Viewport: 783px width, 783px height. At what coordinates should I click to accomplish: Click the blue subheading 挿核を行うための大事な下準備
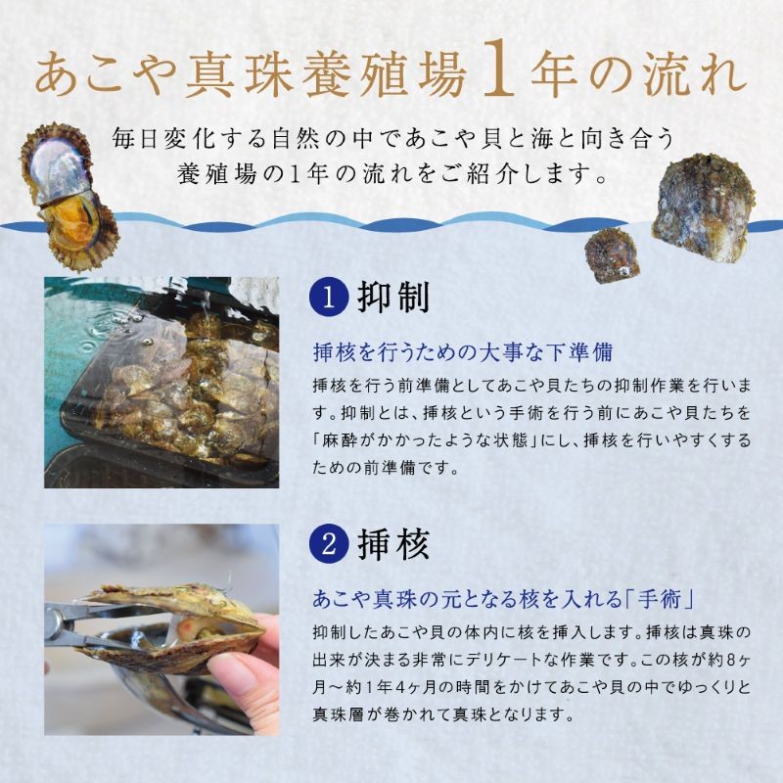pyautogui.click(x=468, y=351)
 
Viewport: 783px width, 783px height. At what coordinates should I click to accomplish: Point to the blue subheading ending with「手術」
pyautogui.click(x=509, y=598)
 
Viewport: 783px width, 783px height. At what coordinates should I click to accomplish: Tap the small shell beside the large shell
pyautogui.click(x=611, y=255)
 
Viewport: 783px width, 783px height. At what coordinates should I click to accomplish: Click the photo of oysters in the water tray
pyautogui.click(x=161, y=382)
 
